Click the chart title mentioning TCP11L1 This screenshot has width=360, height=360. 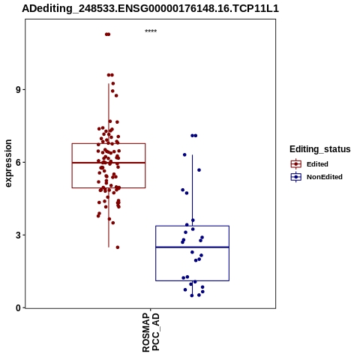click(x=150, y=9)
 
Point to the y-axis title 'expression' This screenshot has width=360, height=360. click(x=8, y=163)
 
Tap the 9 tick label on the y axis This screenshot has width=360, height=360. click(x=18, y=90)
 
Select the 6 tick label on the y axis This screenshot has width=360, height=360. click(x=18, y=163)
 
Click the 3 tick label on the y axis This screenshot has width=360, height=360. click(x=18, y=235)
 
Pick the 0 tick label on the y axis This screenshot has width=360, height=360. click(x=18, y=308)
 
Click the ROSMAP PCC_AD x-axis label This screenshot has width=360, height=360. click(x=151, y=332)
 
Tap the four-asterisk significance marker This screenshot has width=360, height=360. click(x=151, y=31)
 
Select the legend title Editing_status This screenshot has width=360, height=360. click(x=320, y=149)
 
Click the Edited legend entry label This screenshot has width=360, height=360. click(x=317, y=164)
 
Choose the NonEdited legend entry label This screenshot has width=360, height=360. click(x=325, y=177)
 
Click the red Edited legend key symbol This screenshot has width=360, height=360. click(x=296, y=164)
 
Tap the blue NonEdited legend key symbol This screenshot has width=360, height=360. click(x=296, y=177)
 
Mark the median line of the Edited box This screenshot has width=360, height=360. click(x=109, y=163)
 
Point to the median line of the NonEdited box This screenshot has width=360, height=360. click(x=192, y=247)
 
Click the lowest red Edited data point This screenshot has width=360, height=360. click(x=118, y=247)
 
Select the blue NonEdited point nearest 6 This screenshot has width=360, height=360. click(x=184, y=154)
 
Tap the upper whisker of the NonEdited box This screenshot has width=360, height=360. click(x=192, y=190)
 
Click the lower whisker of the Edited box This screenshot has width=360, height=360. click(x=109, y=217)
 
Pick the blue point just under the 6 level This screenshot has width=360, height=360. click(x=199, y=170)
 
